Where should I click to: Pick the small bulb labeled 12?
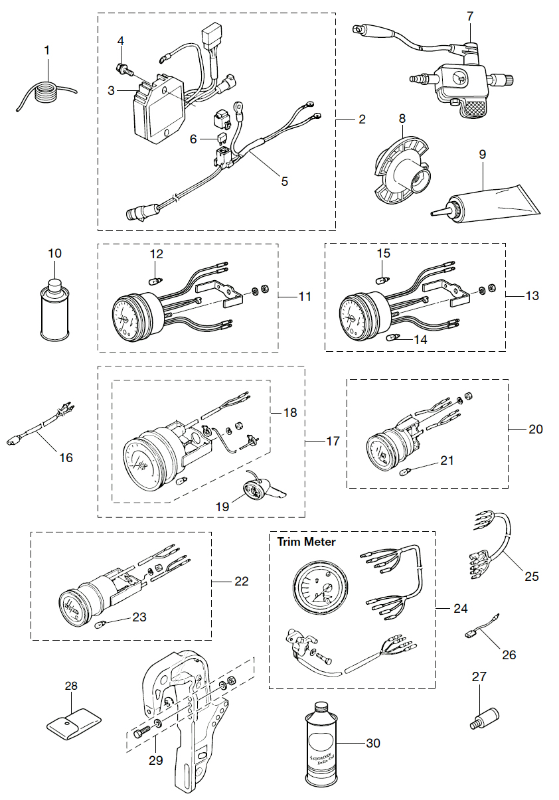point(155,280)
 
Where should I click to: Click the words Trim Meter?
point(306,542)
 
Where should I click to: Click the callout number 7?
point(470,15)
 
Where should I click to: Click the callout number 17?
point(333,441)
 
